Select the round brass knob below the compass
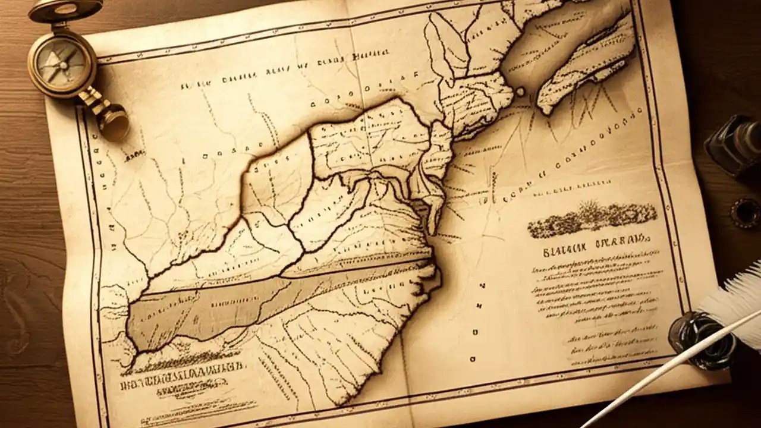114,122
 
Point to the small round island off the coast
521,92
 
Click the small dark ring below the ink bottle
745,212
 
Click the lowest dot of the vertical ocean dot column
472,359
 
